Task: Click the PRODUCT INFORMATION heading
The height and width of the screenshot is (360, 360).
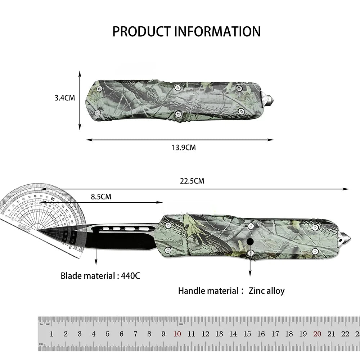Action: (x=186, y=31)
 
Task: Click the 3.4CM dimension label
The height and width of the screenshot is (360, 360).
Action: (x=65, y=98)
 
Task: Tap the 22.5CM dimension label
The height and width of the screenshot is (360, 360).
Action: (x=192, y=181)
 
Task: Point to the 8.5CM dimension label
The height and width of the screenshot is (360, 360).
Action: (x=101, y=197)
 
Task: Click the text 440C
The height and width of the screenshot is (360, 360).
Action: (x=131, y=276)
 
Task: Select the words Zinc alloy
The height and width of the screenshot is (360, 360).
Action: (x=266, y=291)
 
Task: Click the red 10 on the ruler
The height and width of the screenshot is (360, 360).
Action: (x=177, y=334)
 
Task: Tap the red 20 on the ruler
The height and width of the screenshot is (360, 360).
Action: (x=317, y=334)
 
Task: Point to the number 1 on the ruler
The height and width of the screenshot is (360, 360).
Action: (x=51, y=334)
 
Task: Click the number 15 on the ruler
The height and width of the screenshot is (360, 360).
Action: (x=247, y=334)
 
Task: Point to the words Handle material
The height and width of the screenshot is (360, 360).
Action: (x=208, y=291)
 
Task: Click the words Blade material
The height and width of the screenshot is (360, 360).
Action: (x=87, y=276)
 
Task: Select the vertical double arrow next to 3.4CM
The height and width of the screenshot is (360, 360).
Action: (x=80, y=100)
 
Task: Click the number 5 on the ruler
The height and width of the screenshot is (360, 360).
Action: (x=107, y=334)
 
